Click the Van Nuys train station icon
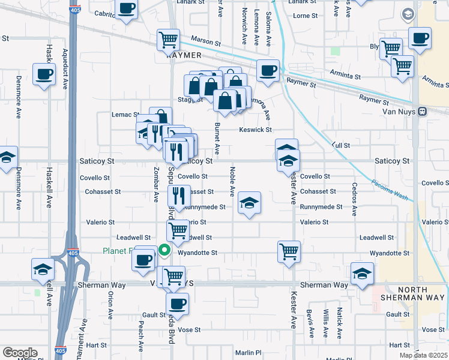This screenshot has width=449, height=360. tap(423, 111)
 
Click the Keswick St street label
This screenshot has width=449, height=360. tap(256, 130)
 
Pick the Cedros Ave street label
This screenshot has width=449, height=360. tap(355, 199)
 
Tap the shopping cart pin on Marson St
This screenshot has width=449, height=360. tap(169, 40)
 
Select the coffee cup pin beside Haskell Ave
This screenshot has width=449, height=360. tap(44, 74)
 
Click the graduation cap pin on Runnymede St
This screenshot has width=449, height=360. tap(249, 203)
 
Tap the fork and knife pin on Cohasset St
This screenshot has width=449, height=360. tap(179, 195)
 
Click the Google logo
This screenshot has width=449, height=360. tap(19, 353)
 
